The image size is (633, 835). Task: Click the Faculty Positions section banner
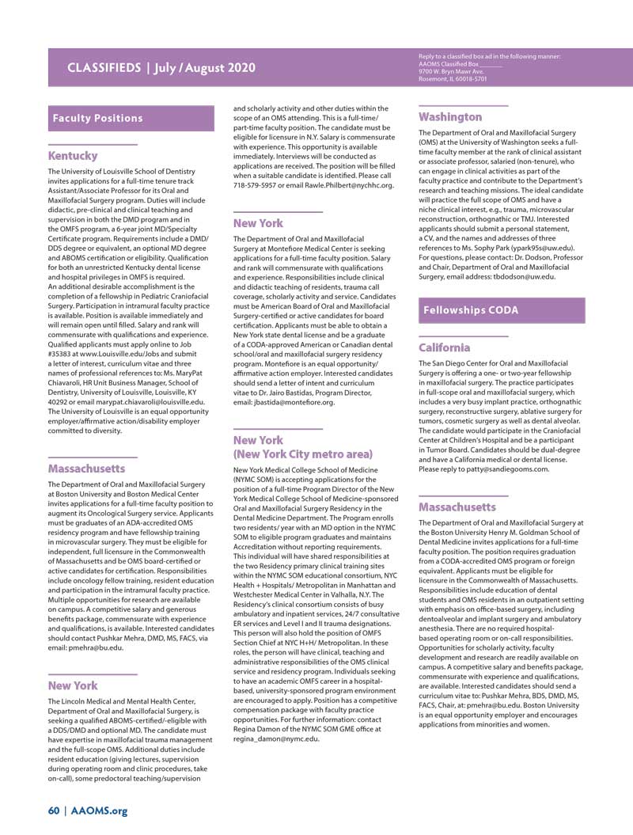coord(97,118)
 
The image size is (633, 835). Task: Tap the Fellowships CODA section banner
coord(471,310)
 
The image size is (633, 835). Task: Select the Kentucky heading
coord(73,156)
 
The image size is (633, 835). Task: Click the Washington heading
coord(449,117)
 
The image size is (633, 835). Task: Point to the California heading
coord(444,347)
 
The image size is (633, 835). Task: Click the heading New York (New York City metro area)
coord(302,447)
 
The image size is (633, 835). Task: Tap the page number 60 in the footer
coord(53,810)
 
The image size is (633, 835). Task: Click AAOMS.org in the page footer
coord(99,810)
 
